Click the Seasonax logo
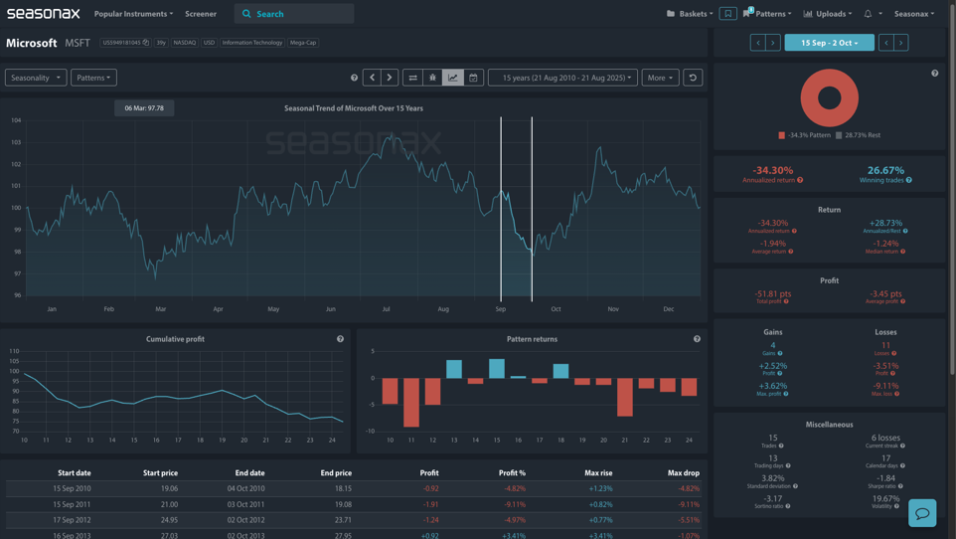(x=44, y=14)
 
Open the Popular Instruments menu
(x=133, y=14)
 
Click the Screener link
(x=201, y=14)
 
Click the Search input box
(x=298, y=14)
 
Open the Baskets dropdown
(x=690, y=14)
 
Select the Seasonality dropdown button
(x=36, y=78)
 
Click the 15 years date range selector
(x=562, y=78)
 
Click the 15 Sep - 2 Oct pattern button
(x=829, y=43)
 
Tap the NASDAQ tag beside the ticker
(x=185, y=43)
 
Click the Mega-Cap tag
(x=303, y=43)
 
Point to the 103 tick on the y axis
(x=16, y=142)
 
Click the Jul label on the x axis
(x=387, y=309)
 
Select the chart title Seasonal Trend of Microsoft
(x=354, y=108)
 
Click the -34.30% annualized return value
(x=773, y=171)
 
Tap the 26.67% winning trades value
(x=885, y=171)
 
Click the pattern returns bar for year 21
(x=624, y=397)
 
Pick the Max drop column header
(x=683, y=473)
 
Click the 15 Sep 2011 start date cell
(x=72, y=504)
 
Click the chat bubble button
(x=922, y=513)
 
